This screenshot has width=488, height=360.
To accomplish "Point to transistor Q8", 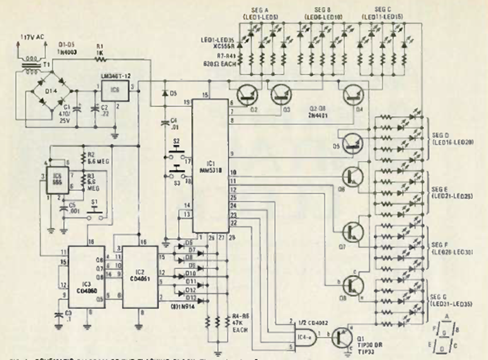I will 352,285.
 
